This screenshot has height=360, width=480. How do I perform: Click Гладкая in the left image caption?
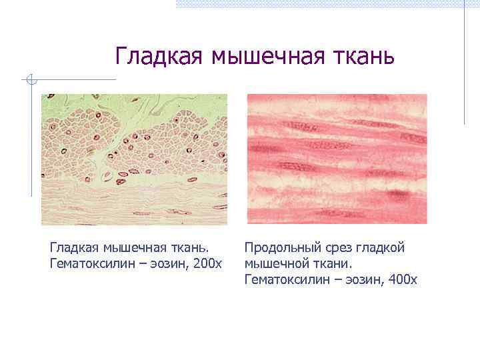coord(75,248)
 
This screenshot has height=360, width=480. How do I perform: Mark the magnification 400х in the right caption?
coord(401,280)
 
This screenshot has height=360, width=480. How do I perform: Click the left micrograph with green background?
coord(134,159)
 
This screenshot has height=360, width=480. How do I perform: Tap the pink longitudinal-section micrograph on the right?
coord(337,159)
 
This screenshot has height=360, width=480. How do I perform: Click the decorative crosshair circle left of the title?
coord(31,80)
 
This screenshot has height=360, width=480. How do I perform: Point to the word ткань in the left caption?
coord(193,248)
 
